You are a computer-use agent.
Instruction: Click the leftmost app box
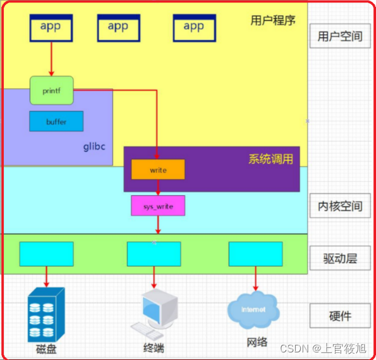[51, 28]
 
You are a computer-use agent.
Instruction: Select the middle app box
[118, 28]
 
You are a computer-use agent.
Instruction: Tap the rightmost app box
[194, 28]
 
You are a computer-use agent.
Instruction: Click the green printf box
[52, 90]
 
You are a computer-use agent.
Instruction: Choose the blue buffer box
[56, 121]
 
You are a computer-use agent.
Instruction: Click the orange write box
[158, 170]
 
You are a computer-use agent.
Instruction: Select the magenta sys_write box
[158, 205]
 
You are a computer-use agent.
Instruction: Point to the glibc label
[94, 147]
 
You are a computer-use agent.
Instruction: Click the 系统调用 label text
[270, 159]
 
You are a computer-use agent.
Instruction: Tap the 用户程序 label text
[273, 20]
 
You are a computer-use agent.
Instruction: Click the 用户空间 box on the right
[340, 36]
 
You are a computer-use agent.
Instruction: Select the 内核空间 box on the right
[340, 207]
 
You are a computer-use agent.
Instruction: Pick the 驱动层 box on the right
[340, 258]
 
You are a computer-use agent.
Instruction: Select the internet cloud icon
[253, 309]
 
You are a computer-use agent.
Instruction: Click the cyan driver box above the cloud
[255, 254]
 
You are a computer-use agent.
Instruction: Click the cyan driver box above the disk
[46, 254]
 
